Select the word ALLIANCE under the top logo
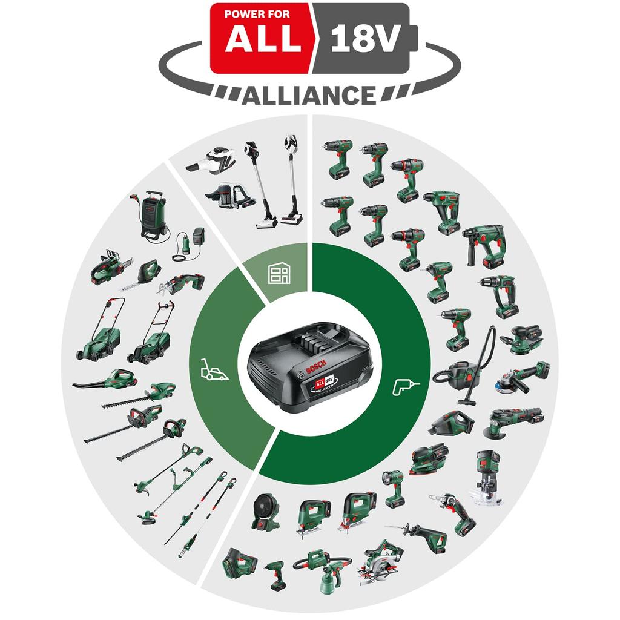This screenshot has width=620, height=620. pyautogui.click(x=309, y=95)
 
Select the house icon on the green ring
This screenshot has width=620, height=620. pyautogui.click(x=277, y=274)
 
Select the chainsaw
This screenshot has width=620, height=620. pyautogui.click(x=111, y=266)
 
